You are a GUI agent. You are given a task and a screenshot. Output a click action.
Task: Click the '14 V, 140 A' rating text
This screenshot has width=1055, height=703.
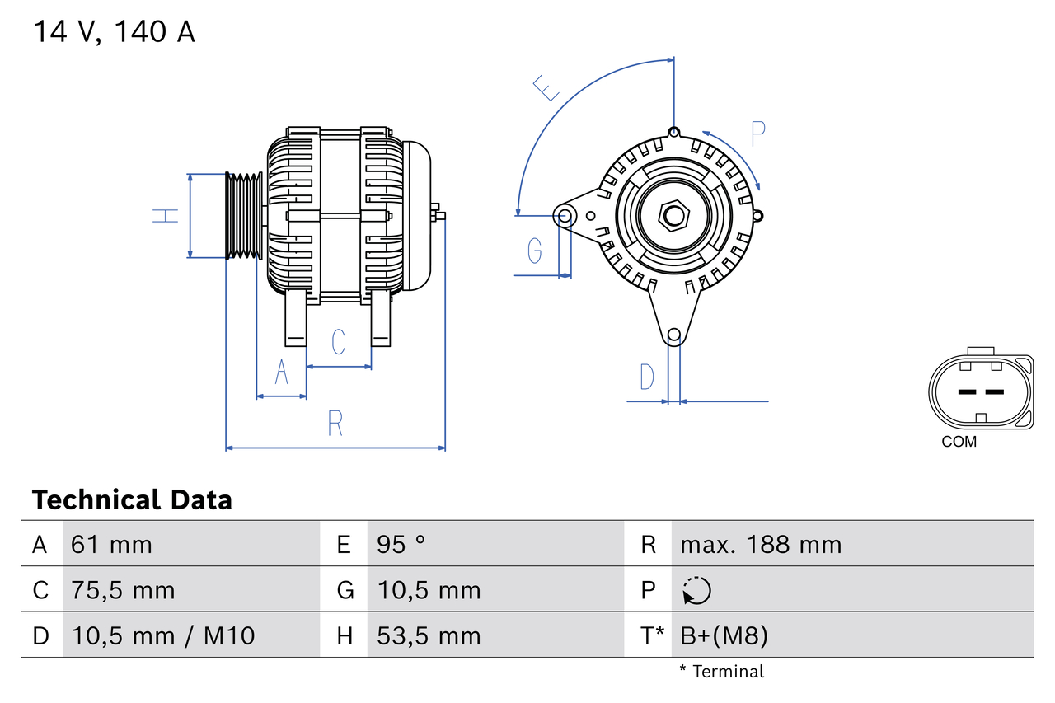click(x=115, y=32)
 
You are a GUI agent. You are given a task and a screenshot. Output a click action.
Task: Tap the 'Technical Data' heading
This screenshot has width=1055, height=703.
click(x=132, y=499)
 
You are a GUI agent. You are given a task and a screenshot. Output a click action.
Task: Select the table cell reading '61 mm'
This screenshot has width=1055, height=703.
click(x=111, y=544)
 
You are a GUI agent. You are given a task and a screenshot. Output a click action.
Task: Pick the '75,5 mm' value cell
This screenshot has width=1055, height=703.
click(x=123, y=590)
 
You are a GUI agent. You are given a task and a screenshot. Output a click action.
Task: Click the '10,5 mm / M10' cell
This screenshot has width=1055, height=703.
click(x=163, y=635)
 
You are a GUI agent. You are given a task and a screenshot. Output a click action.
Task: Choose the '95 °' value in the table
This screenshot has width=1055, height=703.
click(x=401, y=544)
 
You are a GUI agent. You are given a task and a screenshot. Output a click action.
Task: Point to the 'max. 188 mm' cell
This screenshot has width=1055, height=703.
click(x=761, y=544)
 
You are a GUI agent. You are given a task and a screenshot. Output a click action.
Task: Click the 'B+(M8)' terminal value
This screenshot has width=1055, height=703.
click(x=724, y=635)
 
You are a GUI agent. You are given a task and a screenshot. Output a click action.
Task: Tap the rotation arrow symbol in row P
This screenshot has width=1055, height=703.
click(x=696, y=590)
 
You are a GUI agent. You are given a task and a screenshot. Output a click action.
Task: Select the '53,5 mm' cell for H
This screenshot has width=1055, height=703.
click(x=429, y=635)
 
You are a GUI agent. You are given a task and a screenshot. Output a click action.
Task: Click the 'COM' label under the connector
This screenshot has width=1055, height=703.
click(x=959, y=442)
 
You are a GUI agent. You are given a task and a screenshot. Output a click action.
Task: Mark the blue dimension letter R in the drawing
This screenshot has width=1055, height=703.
click(x=335, y=423)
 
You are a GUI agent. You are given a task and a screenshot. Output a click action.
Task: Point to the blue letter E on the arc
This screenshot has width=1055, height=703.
click(x=546, y=87)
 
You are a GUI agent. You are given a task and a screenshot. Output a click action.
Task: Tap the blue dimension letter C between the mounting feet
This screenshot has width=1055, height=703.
click(x=338, y=341)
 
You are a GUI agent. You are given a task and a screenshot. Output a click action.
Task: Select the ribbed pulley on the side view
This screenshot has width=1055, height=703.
click(x=244, y=216)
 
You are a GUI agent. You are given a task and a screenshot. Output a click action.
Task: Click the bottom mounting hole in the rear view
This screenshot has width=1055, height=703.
click(x=674, y=335)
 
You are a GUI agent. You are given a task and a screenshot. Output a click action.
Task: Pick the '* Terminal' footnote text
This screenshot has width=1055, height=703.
click(x=721, y=672)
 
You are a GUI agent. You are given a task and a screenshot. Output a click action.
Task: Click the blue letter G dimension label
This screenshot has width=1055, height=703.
click(x=535, y=250)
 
